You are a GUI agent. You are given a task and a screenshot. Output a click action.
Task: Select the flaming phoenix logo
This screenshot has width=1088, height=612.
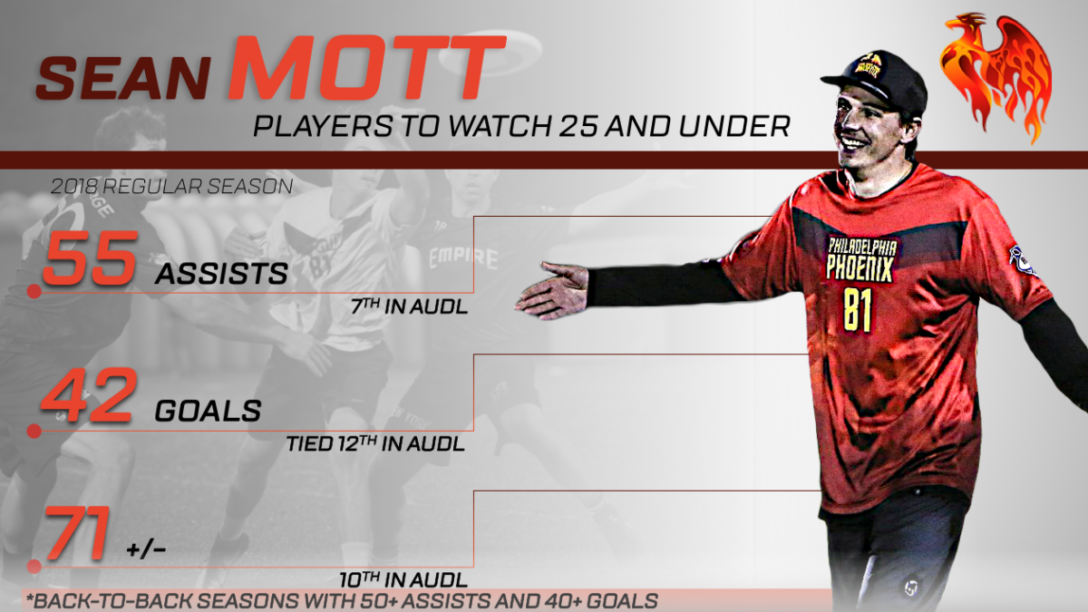[x=996, y=77]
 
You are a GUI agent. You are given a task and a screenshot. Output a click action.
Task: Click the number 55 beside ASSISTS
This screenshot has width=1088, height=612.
[x=91, y=257]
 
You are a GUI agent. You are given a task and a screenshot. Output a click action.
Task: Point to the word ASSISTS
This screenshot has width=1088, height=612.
[x=221, y=275]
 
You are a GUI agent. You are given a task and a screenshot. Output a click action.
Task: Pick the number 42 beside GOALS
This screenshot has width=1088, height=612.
[x=87, y=395]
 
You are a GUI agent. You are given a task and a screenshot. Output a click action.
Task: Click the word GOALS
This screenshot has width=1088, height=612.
[x=208, y=412]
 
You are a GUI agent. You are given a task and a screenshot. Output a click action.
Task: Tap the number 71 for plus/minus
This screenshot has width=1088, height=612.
[x=77, y=533]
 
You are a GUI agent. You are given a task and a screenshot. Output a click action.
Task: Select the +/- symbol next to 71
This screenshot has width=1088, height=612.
[x=146, y=549]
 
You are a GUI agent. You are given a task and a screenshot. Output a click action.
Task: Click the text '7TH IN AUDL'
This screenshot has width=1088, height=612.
[x=409, y=306]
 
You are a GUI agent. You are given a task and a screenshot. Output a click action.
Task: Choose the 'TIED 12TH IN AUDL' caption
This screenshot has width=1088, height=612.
[x=375, y=444]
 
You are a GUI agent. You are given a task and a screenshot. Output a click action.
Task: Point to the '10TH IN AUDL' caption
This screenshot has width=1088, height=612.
[x=403, y=580]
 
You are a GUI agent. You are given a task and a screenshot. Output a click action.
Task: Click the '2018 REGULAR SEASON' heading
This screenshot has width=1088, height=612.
[x=171, y=187]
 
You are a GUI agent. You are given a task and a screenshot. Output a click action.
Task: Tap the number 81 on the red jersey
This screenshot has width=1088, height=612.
[x=858, y=309]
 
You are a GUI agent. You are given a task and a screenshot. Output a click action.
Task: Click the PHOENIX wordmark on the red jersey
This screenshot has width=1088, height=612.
[x=860, y=267]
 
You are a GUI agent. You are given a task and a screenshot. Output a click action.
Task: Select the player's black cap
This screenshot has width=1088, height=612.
[x=874, y=80]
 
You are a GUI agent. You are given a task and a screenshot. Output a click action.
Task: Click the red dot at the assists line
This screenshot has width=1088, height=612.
[x=34, y=291]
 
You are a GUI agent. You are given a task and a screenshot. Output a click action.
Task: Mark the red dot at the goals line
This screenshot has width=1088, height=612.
[x=34, y=431]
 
